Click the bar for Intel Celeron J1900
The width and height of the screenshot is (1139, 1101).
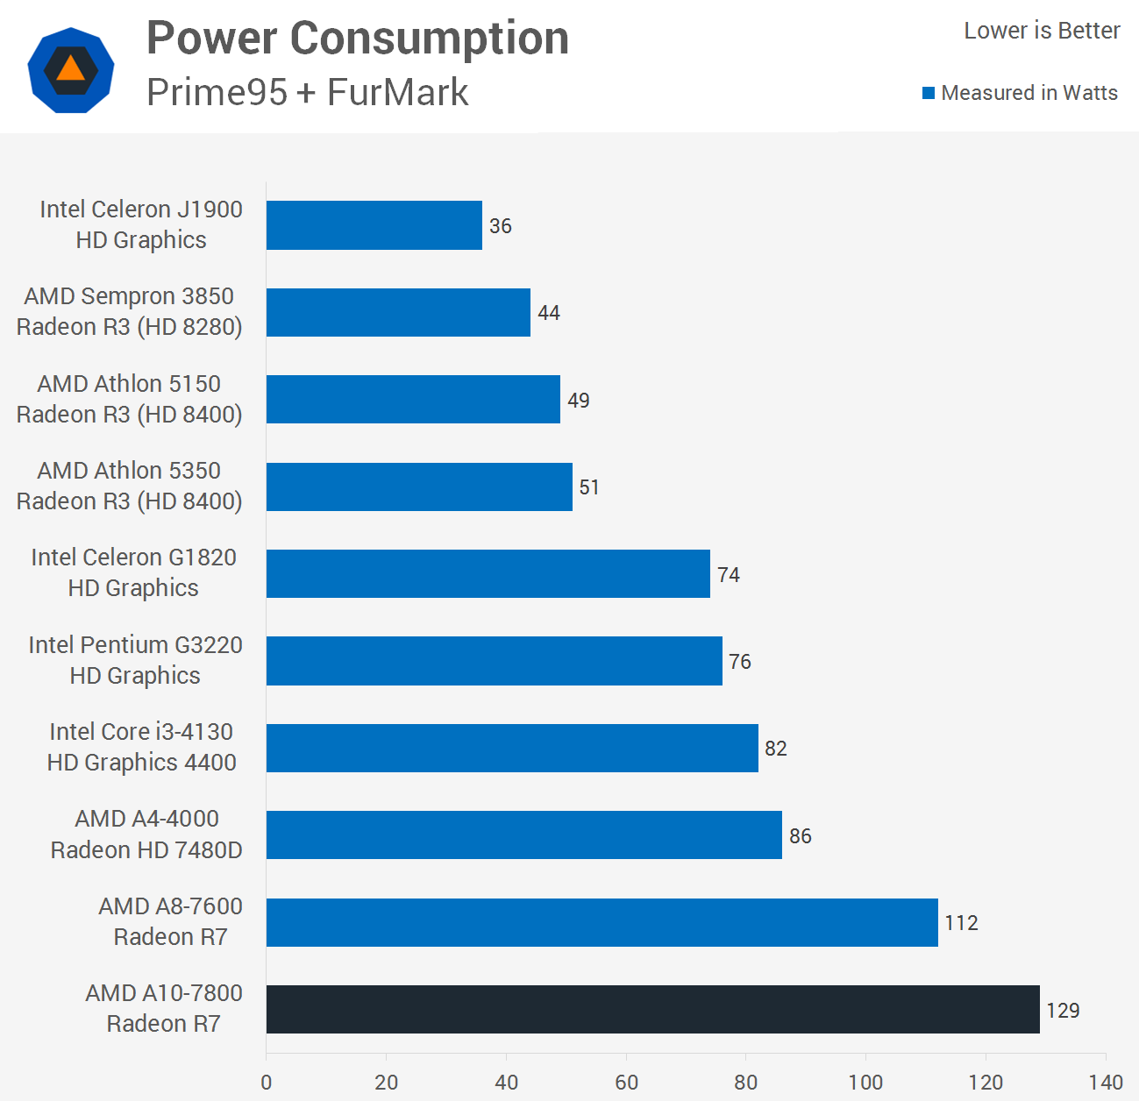click(374, 225)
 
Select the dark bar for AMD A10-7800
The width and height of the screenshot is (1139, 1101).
click(653, 1009)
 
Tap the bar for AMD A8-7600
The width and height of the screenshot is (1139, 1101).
click(602, 922)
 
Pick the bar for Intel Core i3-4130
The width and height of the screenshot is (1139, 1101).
click(512, 748)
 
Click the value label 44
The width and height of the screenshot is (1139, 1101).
click(549, 313)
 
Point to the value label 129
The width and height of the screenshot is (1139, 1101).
click(1063, 1011)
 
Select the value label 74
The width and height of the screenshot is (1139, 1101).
click(729, 575)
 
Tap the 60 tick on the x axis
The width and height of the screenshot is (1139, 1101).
click(626, 1083)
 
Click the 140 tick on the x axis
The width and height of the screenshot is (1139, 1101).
click(1106, 1083)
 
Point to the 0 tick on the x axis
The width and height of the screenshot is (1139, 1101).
click(267, 1083)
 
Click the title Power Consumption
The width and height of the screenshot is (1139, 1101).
click(358, 39)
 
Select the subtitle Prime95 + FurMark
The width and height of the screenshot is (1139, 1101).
click(308, 92)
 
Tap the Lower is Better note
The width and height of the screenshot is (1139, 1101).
click(1042, 31)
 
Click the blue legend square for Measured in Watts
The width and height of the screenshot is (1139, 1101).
click(929, 93)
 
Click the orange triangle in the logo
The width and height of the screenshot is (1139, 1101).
click(71, 69)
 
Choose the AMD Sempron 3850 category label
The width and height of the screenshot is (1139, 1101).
click(129, 311)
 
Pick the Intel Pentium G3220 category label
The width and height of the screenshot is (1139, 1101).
click(135, 660)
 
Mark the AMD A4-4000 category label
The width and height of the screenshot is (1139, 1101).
click(146, 834)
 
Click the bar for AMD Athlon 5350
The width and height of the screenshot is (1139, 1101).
click(419, 487)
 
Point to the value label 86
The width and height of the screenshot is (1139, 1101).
click(801, 836)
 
